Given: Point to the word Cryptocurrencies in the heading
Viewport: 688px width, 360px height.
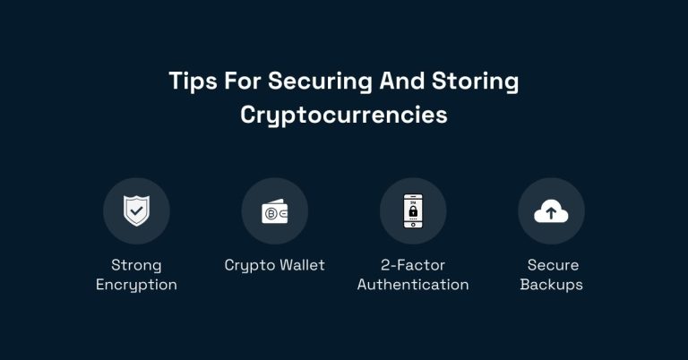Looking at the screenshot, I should point(344,116).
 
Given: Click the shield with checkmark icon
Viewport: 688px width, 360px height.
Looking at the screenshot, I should point(136,211).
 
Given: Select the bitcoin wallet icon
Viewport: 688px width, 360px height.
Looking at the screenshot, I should point(274,211).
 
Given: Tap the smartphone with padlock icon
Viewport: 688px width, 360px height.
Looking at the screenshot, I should point(413,211).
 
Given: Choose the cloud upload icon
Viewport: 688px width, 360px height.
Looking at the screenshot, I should point(551,211).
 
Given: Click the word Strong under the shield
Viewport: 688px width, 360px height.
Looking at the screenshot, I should point(136,265).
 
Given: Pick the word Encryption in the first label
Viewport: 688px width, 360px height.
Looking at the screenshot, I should point(136,285).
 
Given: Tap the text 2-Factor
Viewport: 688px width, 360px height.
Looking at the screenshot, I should point(413,265).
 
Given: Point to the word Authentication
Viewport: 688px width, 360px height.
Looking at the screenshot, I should point(413,285).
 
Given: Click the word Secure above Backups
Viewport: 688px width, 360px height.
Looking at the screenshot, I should point(552,265).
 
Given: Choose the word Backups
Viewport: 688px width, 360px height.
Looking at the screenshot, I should point(552,285).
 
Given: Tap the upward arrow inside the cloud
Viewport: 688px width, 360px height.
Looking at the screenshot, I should point(551,213).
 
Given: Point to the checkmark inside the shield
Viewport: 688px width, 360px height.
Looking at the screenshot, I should point(136,211).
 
